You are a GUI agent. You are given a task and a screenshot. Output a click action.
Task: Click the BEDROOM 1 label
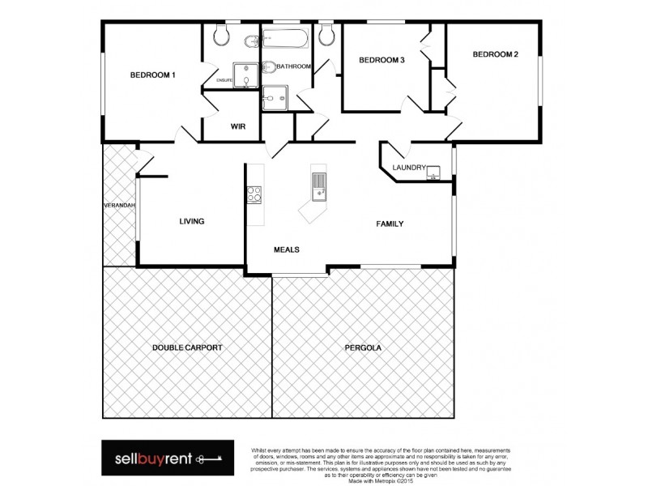tap(153, 75)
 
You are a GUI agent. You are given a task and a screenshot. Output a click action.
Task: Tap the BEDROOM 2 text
tap(495, 54)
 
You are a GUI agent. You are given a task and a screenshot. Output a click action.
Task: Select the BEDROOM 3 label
tap(382, 60)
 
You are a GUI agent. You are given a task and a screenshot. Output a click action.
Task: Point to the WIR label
tap(238, 126)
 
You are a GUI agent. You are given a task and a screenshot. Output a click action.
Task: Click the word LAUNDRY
tap(408, 168)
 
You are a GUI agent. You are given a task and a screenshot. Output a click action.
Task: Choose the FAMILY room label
tap(389, 224)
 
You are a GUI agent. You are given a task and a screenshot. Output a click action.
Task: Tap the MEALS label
tap(287, 249)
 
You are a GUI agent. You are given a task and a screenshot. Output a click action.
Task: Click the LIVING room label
tap(191, 221)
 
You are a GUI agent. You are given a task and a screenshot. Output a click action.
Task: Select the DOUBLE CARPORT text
tap(187, 347)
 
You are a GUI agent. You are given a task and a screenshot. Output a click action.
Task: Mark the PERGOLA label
tap(363, 347)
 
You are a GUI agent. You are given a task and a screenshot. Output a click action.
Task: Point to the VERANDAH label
tap(118, 206)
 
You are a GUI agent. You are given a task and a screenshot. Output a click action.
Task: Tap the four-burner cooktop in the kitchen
tap(254, 194)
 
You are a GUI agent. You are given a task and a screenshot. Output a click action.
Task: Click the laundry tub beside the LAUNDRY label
tap(435, 170)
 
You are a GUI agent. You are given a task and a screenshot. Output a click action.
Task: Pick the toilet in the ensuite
tap(221, 36)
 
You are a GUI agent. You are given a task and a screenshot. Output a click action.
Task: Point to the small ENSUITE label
tap(224, 80)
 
